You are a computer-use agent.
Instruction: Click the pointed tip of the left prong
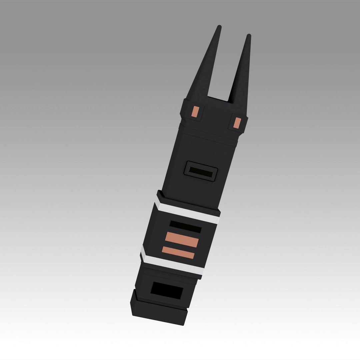pyautogui.click(x=219, y=27)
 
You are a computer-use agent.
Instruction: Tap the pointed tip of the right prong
pyautogui.click(x=249, y=36)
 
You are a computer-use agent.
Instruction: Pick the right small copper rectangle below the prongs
pyautogui.click(x=237, y=123)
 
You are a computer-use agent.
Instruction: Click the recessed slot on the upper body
pyautogui.click(x=201, y=172)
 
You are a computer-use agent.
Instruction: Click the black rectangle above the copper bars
pyautogui.click(x=185, y=227)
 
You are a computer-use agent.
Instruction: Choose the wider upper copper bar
pyautogui.click(x=182, y=239)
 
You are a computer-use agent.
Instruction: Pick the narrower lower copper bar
pyautogui.click(x=178, y=253)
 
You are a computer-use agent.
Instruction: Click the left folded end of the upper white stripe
pyautogui.click(x=158, y=200)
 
